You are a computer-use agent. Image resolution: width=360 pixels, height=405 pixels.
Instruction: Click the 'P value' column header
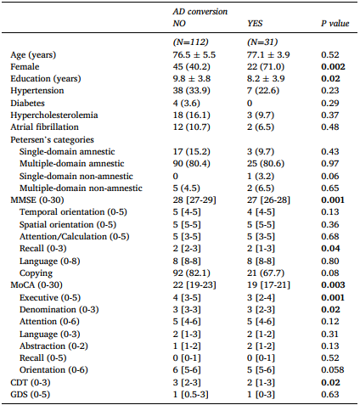pyautogui.click(x=335, y=23)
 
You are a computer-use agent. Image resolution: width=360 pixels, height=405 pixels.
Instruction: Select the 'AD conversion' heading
pyautogui.click(x=200, y=11)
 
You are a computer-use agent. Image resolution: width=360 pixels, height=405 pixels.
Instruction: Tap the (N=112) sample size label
pyautogui.click(x=190, y=42)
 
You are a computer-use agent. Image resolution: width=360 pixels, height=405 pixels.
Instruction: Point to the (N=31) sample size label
pyautogui.click(x=262, y=42)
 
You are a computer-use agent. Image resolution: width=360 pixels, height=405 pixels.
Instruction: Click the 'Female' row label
pyautogui.click(x=25, y=67)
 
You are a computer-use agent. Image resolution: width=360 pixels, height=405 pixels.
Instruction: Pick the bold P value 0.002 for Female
pyautogui.click(x=333, y=67)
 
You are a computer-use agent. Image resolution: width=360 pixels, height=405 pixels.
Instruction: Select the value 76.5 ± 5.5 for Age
pyautogui.click(x=194, y=54)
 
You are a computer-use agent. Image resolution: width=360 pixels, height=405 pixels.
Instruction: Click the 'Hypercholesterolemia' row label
pyautogui.click(x=54, y=115)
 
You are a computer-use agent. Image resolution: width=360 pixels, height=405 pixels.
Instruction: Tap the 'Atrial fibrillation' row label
pyautogui.click(x=44, y=127)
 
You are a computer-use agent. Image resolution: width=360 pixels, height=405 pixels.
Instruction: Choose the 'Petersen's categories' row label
pyautogui.click(x=52, y=139)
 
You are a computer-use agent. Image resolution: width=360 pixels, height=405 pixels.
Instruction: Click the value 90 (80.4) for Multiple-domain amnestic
pyautogui.click(x=191, y=164)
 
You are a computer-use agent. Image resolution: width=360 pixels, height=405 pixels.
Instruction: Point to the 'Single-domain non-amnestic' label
pyautogui.click(x=76, y=176)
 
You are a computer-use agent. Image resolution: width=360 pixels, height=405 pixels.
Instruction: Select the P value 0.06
pyautogui.click(x=330, y=176)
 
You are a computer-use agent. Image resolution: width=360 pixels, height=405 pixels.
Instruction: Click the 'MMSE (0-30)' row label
pyautogui.click(x=37, y=200)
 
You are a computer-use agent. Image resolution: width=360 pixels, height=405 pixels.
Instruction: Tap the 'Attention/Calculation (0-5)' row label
pyautogui.click(x=74, y=237)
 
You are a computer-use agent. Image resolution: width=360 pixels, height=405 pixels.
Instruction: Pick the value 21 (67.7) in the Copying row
pyautogui.click(x=266, y=273)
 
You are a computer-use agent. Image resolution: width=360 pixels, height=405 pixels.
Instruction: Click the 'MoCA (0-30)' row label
pyautogui.click(x=37, y=285)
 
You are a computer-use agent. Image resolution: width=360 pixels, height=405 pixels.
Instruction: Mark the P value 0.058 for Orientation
pyautogui.click(x=333, y=370)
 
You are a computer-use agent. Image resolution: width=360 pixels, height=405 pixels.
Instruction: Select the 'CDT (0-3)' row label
pyautogui.click(x=31, y=383)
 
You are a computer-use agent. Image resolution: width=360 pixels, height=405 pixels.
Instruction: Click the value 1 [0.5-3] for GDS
pyautogui.click(x=190, y=395)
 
